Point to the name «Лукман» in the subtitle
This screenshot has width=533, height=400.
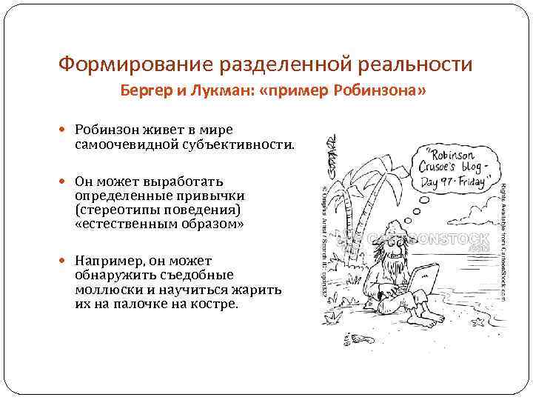coord(218,91)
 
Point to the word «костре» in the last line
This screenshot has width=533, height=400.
coord(214,304)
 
